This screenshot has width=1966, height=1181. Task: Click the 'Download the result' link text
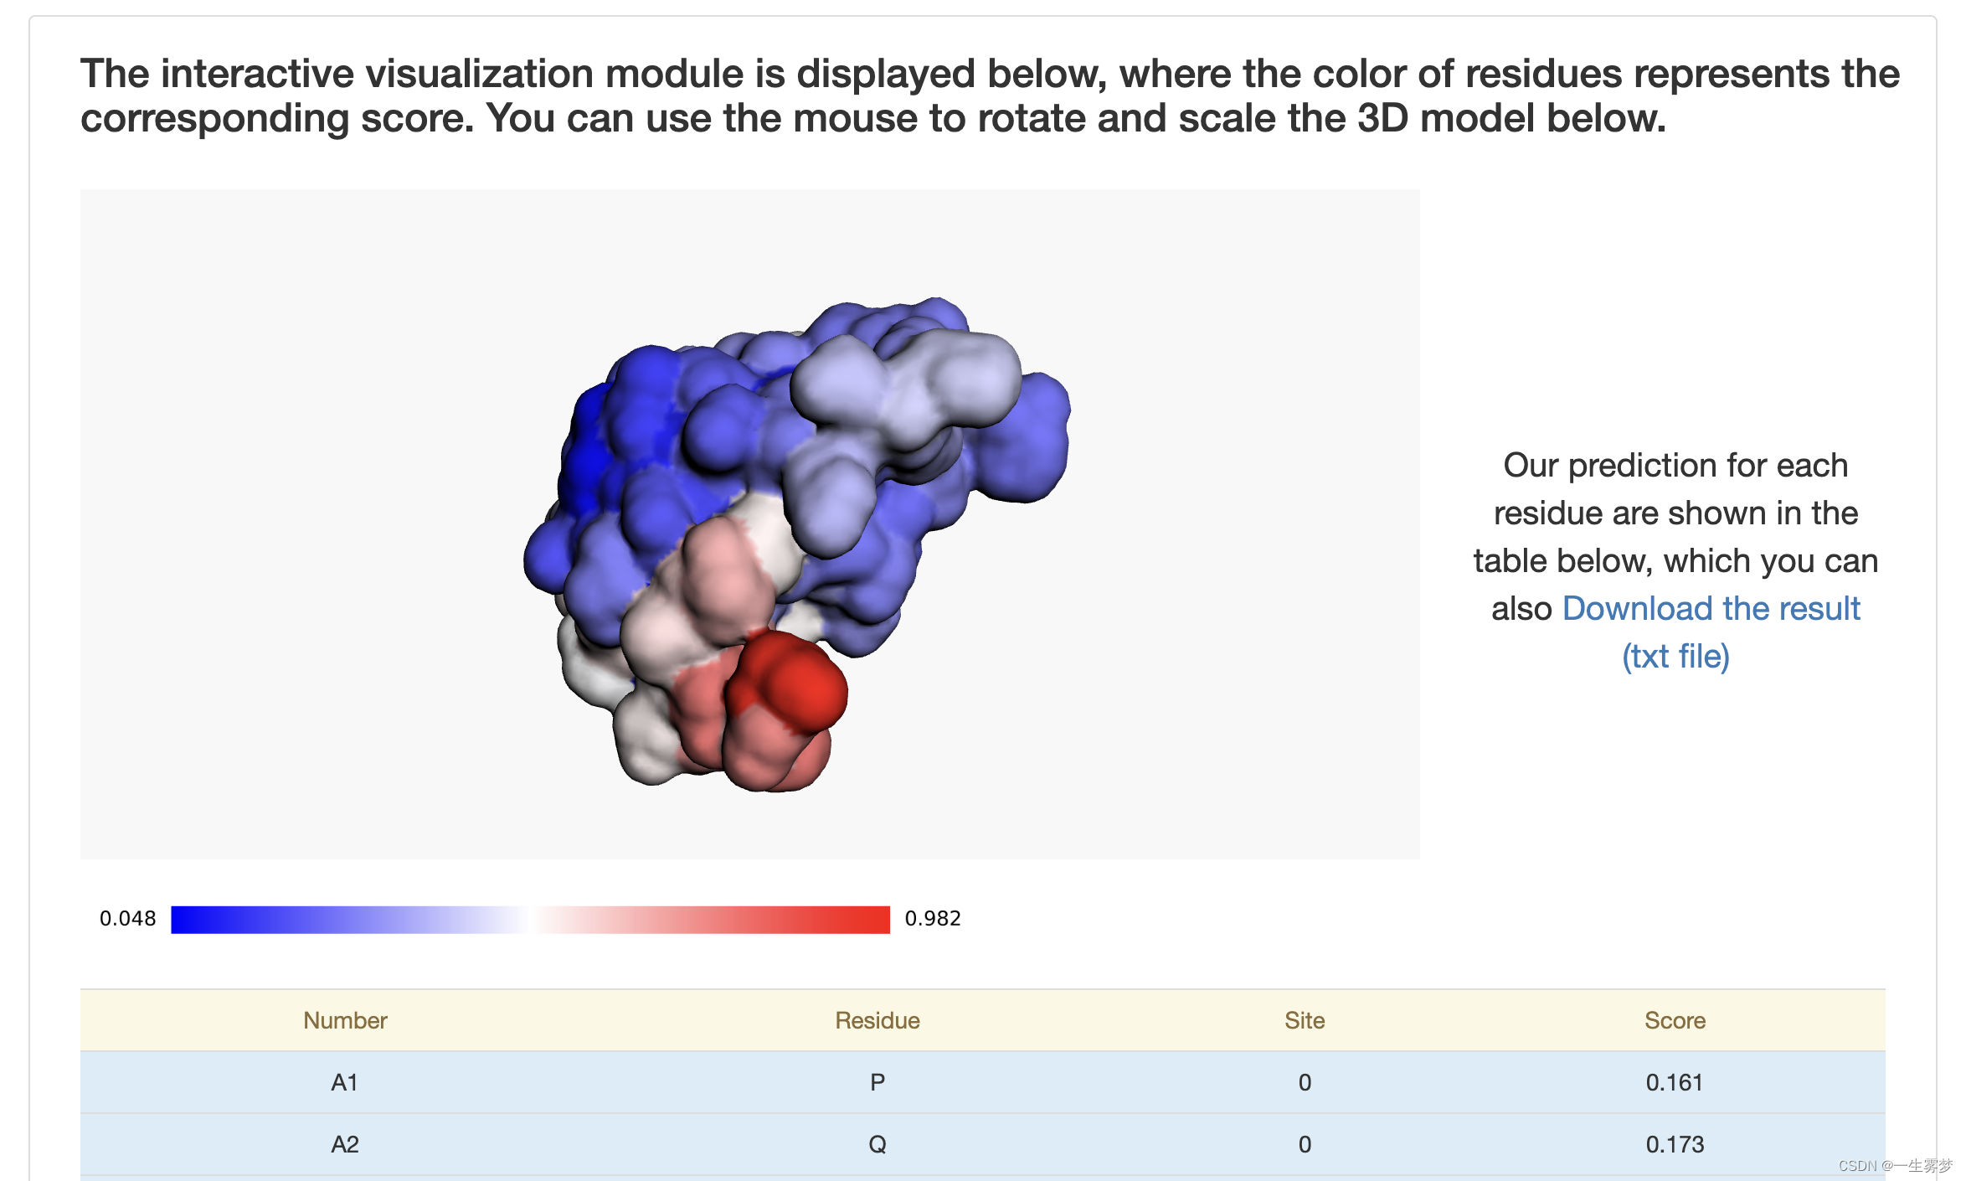click(1711, 608)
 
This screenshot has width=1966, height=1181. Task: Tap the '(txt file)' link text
click(1675, 656)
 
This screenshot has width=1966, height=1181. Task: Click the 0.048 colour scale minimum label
click(127, 919)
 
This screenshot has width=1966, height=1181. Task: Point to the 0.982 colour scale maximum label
click(933, 919)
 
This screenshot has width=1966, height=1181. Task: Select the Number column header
click(345, 1020)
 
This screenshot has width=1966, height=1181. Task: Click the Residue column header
click(877, 1020)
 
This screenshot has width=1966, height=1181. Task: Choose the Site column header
click(1305, 1020)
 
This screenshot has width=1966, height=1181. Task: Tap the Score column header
click(1675, 1020)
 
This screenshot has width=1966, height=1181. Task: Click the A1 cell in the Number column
click(345, 1082)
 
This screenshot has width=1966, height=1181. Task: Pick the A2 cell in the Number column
click(345, 1144)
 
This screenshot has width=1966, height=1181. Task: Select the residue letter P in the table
click(877, 1082)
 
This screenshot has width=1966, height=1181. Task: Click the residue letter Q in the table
click(877, 1144)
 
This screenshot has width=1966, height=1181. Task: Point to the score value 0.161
click(1675, 1082)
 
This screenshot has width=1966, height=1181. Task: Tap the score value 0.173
click(1675, 1144)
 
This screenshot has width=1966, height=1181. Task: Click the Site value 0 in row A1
click(1305, 1082)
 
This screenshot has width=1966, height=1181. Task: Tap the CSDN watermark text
click(1895, 1165)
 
